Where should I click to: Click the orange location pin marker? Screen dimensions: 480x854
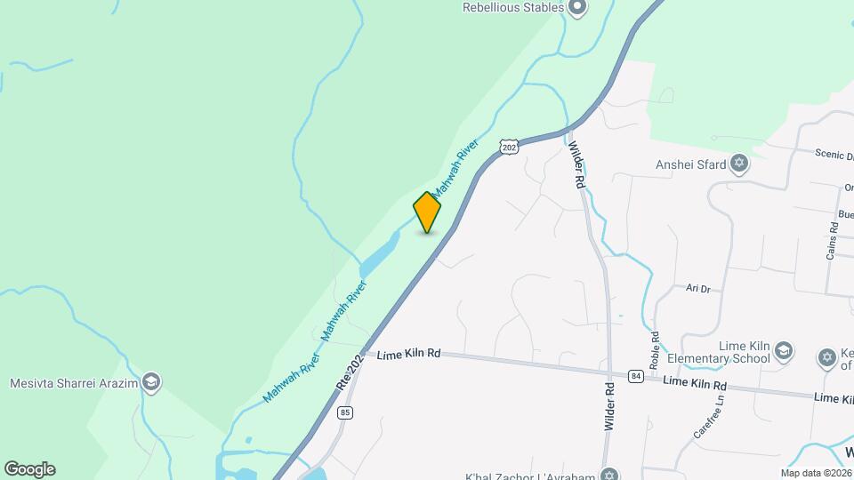point(427,212)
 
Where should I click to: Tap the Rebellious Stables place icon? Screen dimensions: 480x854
point(577,8)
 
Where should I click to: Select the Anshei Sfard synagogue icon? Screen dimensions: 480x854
point(738,164)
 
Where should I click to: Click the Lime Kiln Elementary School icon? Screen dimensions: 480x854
point(784,350)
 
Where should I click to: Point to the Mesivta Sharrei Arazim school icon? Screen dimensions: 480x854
point(151,383)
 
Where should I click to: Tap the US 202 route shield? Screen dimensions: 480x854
point(508,148)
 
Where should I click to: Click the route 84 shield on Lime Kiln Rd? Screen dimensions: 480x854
point(635,376)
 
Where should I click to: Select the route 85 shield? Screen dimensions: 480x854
point(346,412)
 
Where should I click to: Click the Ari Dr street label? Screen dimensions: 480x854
point(698,289)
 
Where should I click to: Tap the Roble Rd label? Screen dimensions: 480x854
point(656,349)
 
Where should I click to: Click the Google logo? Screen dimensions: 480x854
point(29,468)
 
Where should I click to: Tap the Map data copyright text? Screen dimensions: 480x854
point(815,473)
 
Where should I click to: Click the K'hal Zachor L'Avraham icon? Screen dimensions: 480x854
point(608,473)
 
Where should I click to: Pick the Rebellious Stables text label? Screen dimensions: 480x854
point(513,7)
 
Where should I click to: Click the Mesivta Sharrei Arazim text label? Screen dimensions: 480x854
point(74,384)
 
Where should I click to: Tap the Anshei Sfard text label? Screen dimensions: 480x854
point(690,164)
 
